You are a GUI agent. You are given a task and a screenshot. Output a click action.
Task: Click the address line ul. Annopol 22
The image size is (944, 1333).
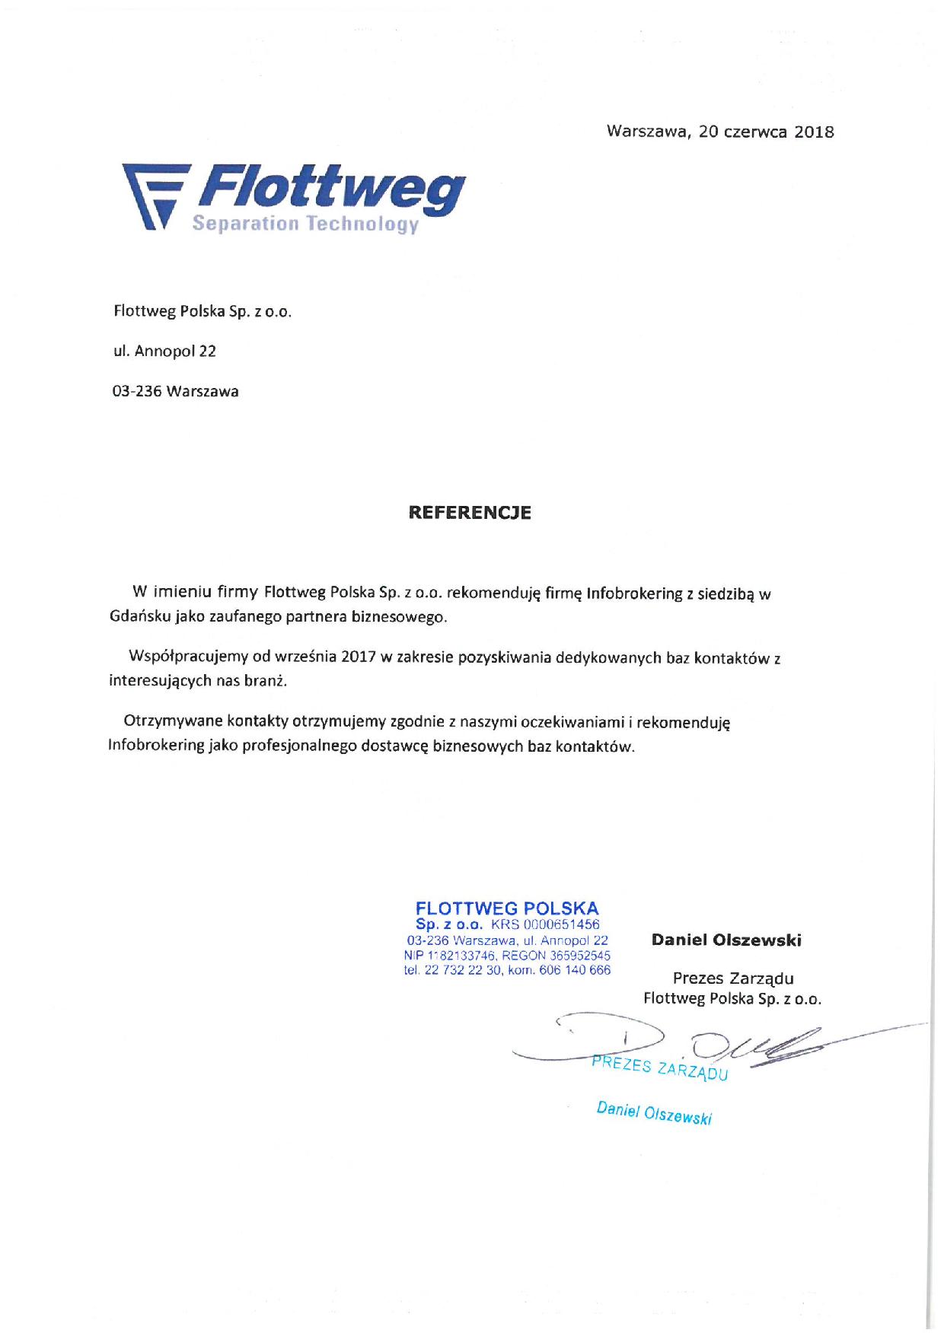(x=164, y=351)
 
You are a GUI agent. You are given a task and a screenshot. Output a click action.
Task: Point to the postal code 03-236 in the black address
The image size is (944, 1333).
(x=137, y=392)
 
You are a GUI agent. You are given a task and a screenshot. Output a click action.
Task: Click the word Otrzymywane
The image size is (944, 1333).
(x=172, y=722)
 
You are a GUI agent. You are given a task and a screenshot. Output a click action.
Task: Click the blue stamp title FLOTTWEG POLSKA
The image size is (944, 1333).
(x=507, y=908)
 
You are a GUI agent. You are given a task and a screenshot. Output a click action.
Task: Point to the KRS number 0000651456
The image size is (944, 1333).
(x=556, y=924)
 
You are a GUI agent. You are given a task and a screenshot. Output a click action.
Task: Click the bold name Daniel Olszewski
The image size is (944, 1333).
(x=726, y=940)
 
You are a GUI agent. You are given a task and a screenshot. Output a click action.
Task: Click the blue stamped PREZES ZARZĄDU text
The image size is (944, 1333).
(x=660, y=1068)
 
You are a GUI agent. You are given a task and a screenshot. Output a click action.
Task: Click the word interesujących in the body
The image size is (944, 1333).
(x=155, y=681)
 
